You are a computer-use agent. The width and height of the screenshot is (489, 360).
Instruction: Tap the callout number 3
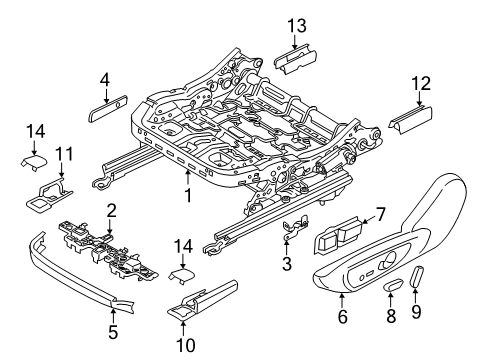(288, 266)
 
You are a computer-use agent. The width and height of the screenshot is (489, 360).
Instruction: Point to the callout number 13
(294, 25)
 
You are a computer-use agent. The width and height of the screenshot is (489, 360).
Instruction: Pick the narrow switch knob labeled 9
(418, 304)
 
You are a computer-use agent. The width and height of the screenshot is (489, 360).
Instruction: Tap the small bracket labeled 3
(292, 230)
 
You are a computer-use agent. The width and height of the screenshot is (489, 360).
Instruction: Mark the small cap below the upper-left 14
(32, 159)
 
